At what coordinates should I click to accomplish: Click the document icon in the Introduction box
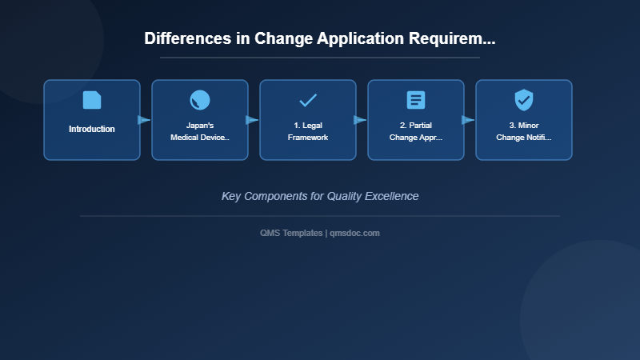point(92,100)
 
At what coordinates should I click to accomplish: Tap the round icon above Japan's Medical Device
point(200,100)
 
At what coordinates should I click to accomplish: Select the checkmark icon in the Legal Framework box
point(308,100)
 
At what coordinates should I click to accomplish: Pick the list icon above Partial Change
point(416,100)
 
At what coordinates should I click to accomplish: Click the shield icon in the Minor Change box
point(524,100)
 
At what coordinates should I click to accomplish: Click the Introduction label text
point(92,129)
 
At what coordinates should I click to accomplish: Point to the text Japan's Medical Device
point(200,131)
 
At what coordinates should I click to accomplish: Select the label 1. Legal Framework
point(308,131)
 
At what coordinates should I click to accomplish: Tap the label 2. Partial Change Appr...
point(416,131)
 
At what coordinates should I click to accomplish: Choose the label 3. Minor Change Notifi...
point(524,131)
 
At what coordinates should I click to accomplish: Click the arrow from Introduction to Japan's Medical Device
point(144,120)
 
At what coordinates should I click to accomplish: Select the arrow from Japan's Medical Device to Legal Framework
point(252,120)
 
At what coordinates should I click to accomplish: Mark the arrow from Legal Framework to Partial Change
point(360,120)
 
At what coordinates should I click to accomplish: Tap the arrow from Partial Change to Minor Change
point(468,120)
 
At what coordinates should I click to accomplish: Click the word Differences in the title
point(188,38)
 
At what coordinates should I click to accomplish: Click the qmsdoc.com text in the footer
point(355,233)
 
